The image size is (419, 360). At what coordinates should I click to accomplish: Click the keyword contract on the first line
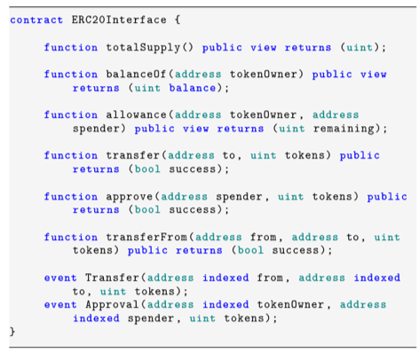(36, 20)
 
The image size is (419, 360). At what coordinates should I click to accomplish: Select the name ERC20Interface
(119, 20)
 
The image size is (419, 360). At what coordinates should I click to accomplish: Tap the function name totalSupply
(143, 48)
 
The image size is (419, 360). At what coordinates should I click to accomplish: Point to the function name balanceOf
(136, 74)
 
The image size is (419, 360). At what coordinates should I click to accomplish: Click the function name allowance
(136, 114)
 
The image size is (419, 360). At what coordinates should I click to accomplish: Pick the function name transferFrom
(146, 237)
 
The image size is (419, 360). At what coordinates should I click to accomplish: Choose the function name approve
(130, 197)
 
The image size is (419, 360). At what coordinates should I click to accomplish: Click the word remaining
(344, 129)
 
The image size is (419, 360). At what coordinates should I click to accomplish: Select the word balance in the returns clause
(193, 88)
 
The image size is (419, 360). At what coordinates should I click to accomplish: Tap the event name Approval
(112, 305)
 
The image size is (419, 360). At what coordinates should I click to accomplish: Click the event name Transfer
(112, 278)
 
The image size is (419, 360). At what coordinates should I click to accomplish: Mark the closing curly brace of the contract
(12, 332)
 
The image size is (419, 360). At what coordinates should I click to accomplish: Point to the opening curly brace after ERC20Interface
(178, 20)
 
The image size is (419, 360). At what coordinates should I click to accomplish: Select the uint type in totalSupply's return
(360, 48)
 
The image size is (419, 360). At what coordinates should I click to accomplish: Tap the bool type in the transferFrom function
(250, 250)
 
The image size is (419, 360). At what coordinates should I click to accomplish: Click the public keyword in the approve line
(387, 197)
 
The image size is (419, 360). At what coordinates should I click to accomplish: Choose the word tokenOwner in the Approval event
(290, 305)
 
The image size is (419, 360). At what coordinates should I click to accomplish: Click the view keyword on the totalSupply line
(264, 48)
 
